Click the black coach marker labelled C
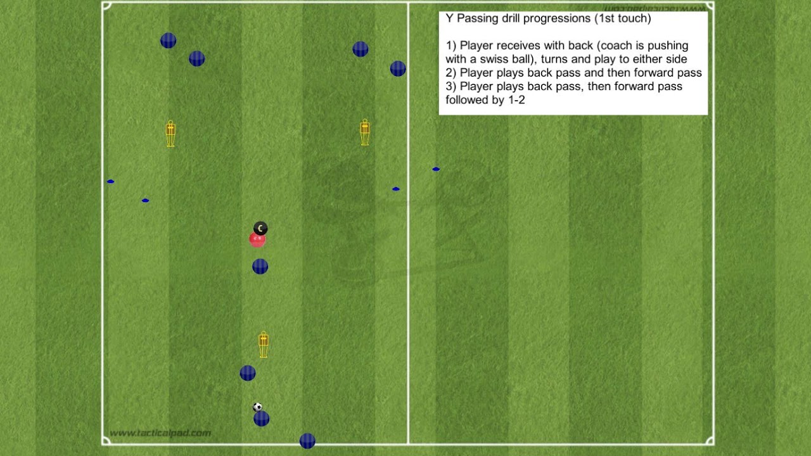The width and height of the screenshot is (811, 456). click(260, 228)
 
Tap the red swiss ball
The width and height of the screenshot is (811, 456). click(257, 239)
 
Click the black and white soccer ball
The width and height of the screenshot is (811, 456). click(257, 407)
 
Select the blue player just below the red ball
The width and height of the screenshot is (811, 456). click(260, 267)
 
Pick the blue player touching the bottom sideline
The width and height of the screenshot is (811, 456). click(307, 441)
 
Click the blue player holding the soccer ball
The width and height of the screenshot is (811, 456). click(261, 419)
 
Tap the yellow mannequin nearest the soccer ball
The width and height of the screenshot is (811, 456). click(264, 345)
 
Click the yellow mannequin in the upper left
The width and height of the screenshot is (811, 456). click(170, 134)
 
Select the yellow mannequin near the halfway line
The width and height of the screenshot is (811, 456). click(365, 132)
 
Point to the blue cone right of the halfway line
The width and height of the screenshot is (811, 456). click(436, 169)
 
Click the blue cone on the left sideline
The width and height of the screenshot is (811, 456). click(111, 182)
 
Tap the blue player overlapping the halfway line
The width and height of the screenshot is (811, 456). click(398, 68)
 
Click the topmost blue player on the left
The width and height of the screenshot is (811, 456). click(168, 41)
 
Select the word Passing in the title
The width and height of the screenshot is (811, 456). click(476, 18)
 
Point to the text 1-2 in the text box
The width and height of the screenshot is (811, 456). click(516, 100)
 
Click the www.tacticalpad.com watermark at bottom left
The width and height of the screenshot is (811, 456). click(160, 433)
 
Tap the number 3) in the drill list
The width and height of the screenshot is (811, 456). click(451, 86)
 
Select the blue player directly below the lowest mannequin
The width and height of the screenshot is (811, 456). click(248, 373)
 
